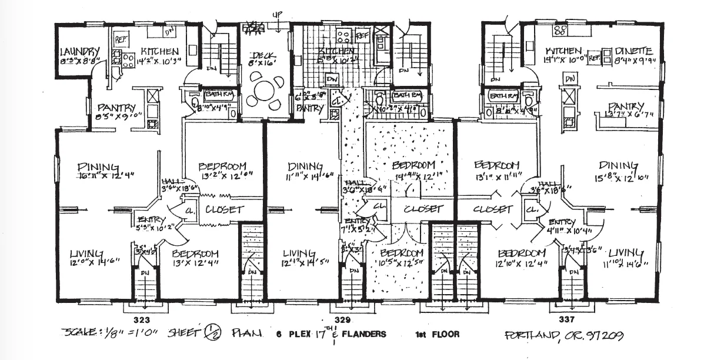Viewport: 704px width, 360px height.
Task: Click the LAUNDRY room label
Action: coord(77,51)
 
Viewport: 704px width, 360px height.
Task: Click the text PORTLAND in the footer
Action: coord(530,335)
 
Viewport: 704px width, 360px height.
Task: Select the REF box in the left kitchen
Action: coord(121,40)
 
